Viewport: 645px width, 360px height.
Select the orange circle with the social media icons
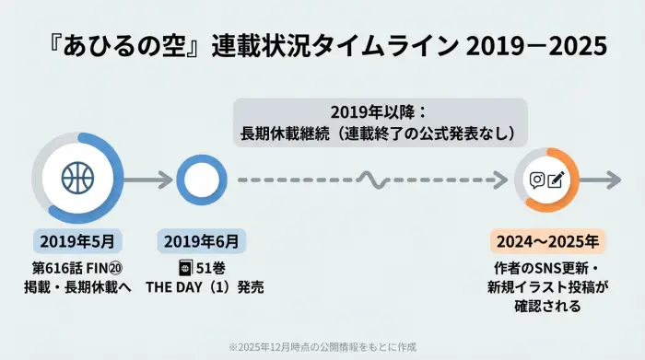[x=546, y=179]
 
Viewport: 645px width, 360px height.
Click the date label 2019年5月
[x=77, y=241]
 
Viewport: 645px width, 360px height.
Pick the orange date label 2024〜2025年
[x=547, y=241]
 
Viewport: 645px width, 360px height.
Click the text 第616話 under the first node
[x=54, y=268]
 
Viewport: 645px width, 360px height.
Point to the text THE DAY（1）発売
[x=205, y=287]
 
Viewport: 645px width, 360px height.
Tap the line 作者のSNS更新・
[x=547, y=269]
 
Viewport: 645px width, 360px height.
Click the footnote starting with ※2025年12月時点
[x=322, y=346]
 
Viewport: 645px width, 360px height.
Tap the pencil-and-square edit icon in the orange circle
[x=556, y=179]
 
